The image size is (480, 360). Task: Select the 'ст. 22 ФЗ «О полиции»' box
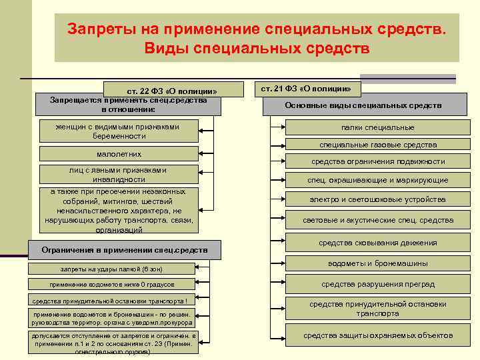(x=172, y=91)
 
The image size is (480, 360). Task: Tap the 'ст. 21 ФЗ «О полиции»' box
(x=306, y=88)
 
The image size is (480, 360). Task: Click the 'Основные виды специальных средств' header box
(x=363, y=106)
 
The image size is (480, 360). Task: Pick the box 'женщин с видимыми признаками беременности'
(x=119, y=131)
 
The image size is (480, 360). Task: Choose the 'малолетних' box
(x=119, y=154)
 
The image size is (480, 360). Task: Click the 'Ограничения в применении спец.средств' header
(x=124, y=250)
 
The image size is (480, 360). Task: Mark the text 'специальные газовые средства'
(x=378, y=145)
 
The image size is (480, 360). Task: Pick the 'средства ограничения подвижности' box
(x=378, y=162)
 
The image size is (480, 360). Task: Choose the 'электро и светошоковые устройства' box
(x=377, y=199)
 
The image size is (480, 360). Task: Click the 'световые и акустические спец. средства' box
(x=377, y=220)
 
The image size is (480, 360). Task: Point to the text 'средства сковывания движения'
(x=378, y=243)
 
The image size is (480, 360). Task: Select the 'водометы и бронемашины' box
(x=377, y=263)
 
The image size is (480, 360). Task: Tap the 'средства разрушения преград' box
(x=377, y=285)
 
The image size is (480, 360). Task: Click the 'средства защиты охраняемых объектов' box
(x=377, y=335)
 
